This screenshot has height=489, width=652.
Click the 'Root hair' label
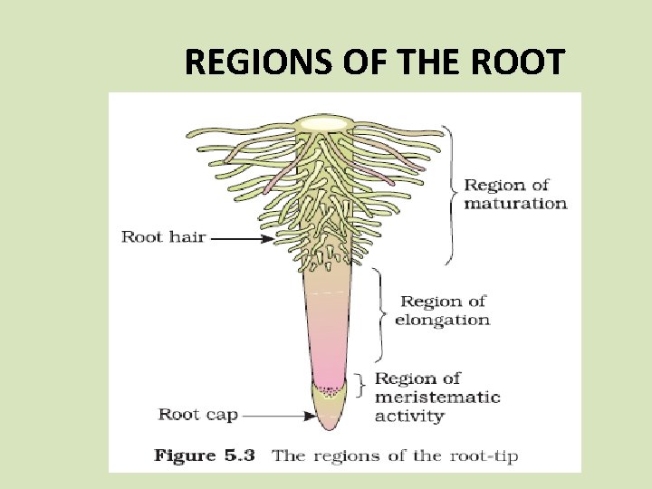click(x=164, y=237)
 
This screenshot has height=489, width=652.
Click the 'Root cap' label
click(x=198, y=415)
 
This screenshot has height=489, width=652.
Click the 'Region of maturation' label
click(x=515, y=194)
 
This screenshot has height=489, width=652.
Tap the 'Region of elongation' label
click(x=443, y=310)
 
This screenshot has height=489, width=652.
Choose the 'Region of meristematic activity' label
click(x=436, y=398)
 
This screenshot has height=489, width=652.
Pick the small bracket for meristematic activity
click(x=361, y=386)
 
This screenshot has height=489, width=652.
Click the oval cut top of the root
click(x=324, y=122)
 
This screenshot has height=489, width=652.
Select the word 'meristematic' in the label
click(x=436, y=398)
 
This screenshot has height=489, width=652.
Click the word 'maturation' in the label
click(x=515, y=203)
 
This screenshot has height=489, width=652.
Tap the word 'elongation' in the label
click(x=443, y=319)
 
